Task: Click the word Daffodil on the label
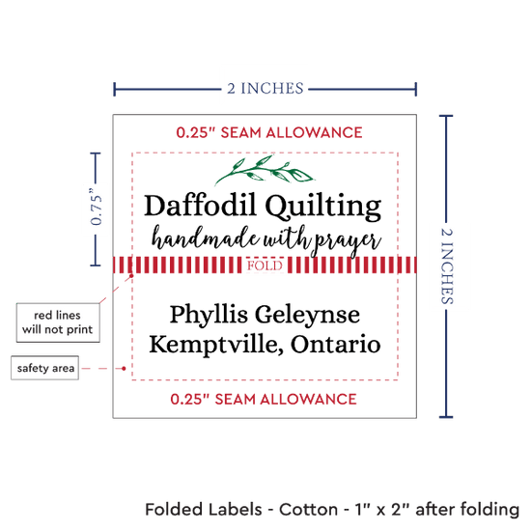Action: pos(200,206)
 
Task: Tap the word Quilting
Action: pos(323,208)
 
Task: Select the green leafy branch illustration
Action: pos(265,170)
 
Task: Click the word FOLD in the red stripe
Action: pos(265,265)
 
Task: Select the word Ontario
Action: pos(336,344)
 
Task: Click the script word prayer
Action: pos(348,241)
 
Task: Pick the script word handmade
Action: pos(206,238)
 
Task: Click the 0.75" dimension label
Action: pos(96,208)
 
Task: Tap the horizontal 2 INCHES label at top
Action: pos(265,89)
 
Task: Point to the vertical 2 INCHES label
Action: pos(447,265)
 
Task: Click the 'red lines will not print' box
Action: pos(58,322)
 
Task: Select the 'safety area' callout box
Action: pos(45,368)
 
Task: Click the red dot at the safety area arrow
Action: pos(124,369)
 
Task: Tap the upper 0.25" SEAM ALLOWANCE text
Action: pos(269,132)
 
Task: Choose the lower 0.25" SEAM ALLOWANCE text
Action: pos(264,400)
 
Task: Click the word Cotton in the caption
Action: pos(308,510)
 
